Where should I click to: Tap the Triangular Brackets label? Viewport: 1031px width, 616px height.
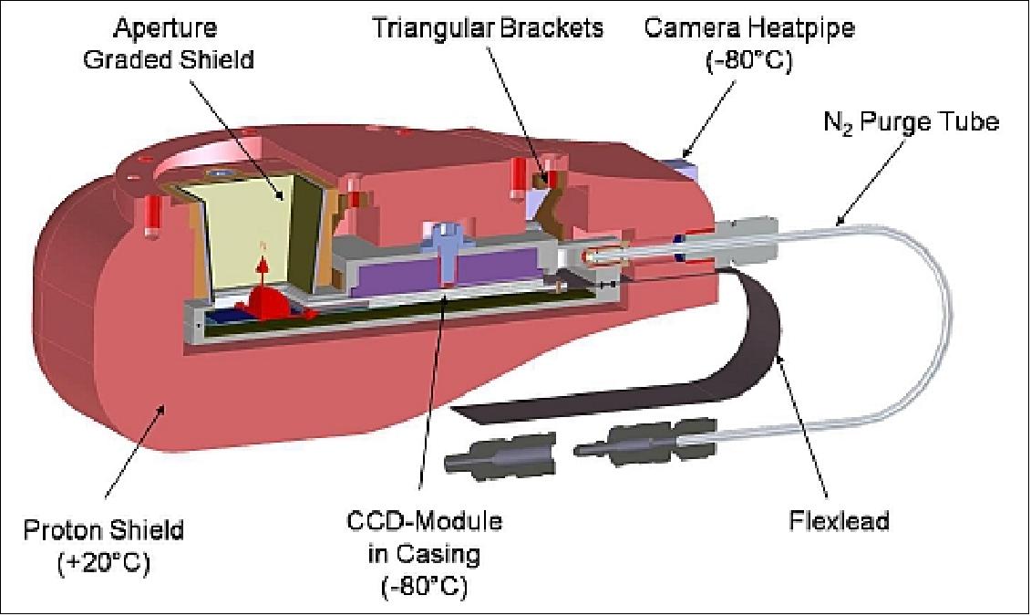coord(487,27)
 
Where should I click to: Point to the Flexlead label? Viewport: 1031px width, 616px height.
coord(839,521)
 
